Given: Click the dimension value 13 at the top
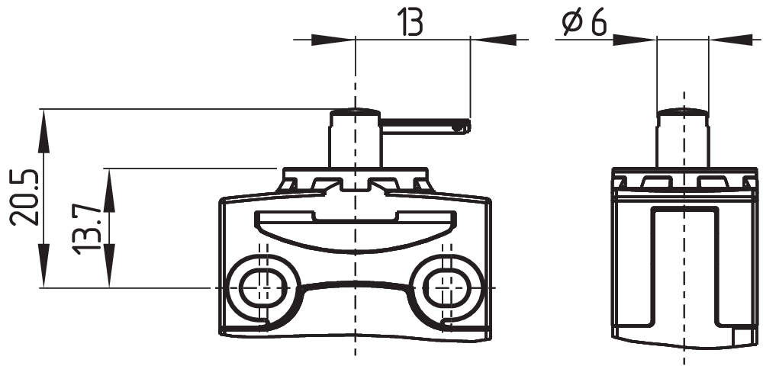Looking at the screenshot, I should point(410,23).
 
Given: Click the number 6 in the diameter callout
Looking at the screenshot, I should point(597,23).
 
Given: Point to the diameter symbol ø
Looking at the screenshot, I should point(571,24).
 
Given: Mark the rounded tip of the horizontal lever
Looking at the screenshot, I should point(462,127).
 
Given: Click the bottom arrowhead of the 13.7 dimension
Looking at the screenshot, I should point(109,278).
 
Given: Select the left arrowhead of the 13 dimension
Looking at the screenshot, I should point(345,39).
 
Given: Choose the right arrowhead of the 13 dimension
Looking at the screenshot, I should point(481,39).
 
